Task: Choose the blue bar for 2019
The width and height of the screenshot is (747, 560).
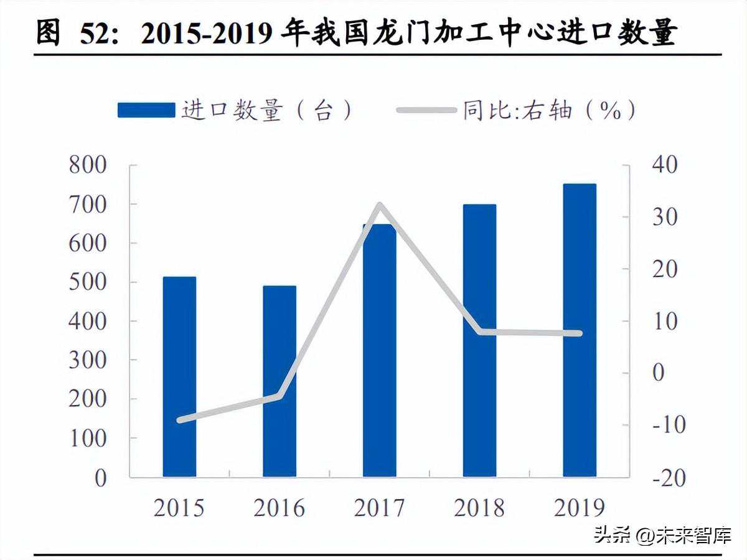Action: [580, 330]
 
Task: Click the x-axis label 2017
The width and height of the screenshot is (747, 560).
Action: [380, 508]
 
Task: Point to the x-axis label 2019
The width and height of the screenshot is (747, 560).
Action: [580, 508]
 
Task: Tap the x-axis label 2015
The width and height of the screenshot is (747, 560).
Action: [179, 508]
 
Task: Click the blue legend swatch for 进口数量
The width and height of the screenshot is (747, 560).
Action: [146, 111]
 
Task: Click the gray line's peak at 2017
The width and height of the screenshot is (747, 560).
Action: [380, 205]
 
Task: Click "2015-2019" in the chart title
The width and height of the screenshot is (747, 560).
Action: [205, 34]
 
